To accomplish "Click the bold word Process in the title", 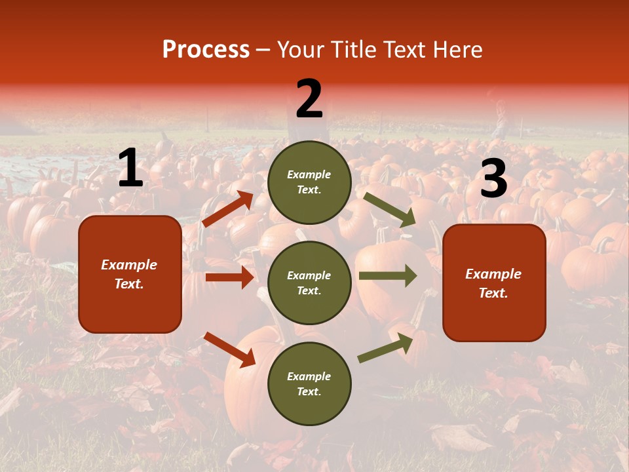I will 206,50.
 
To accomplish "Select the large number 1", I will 130,168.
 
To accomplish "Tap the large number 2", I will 309,99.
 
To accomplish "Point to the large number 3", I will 493,179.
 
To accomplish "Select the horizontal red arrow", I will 229,277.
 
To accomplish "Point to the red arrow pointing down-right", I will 229,349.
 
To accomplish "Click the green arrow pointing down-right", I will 389,210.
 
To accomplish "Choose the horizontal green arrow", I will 388,275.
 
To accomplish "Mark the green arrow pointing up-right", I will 386,347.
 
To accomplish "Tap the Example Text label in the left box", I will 130,274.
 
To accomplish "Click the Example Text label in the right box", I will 494,283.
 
